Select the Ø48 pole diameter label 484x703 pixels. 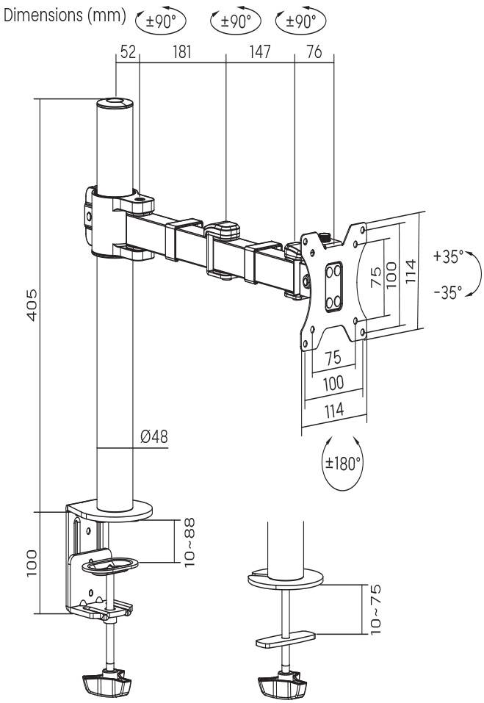pos(153,436)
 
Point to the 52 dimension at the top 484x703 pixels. pos(128,52)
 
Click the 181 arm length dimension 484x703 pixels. pos(181,52)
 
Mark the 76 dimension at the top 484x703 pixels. pos(314,52)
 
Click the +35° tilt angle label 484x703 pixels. pos(448,257)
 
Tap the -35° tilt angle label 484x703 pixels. pos(448,292)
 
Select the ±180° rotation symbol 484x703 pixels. pos(343,464)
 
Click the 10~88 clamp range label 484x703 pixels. pos(191,542)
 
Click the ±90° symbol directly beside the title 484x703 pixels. pos(161,21)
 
